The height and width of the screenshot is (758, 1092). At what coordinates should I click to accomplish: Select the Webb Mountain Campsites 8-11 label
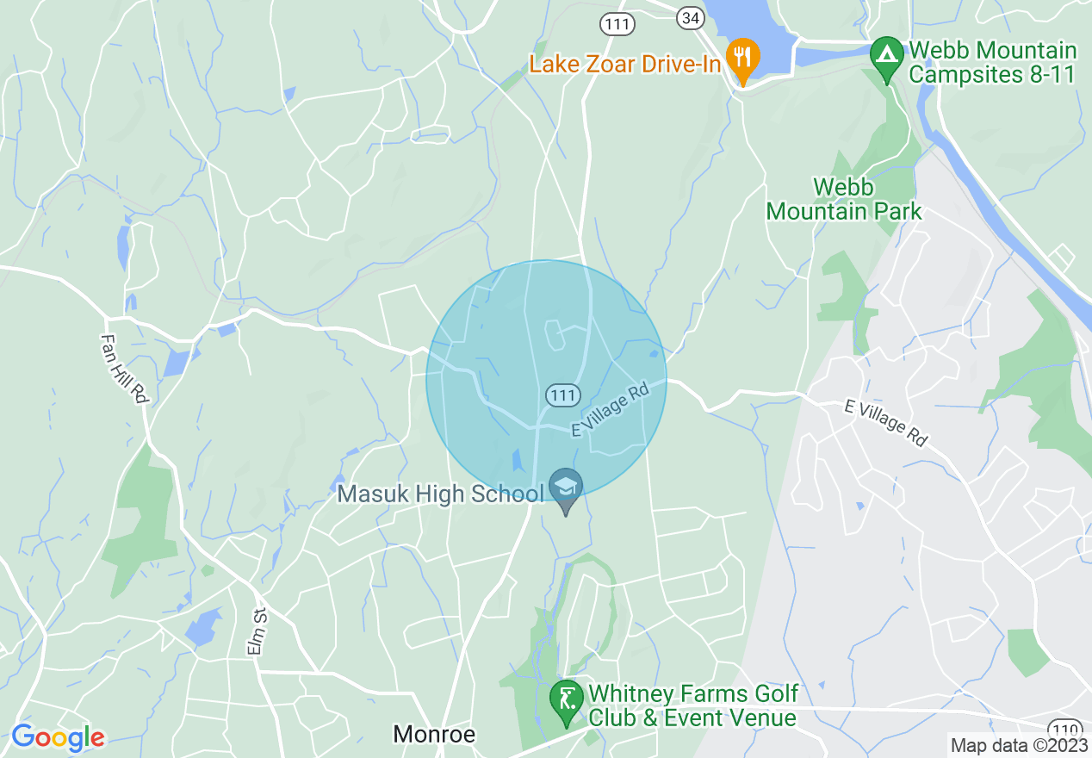[992, 62]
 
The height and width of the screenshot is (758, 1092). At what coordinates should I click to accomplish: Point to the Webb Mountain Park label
[844, 199]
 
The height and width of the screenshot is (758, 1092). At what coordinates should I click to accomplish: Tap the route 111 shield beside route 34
[617, 24]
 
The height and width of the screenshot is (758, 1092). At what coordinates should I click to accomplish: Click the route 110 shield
[1065, 729]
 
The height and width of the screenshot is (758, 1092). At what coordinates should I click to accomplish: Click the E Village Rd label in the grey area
[885, 421]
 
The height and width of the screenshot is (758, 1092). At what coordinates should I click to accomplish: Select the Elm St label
[257, 631]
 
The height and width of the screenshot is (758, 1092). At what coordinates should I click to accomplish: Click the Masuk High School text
[440, 494]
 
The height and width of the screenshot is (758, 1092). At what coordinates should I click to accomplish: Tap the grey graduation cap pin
[565, 488]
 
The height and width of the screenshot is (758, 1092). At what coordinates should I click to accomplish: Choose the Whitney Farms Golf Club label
[692, 705]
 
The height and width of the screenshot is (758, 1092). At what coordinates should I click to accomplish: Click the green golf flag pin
[567, 699]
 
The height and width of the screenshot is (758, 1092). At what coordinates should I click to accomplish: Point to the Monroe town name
[434, 734]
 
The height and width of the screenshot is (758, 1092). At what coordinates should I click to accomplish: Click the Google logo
[58, 737]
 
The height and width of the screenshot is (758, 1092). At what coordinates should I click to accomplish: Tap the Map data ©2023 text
[1018, 745]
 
